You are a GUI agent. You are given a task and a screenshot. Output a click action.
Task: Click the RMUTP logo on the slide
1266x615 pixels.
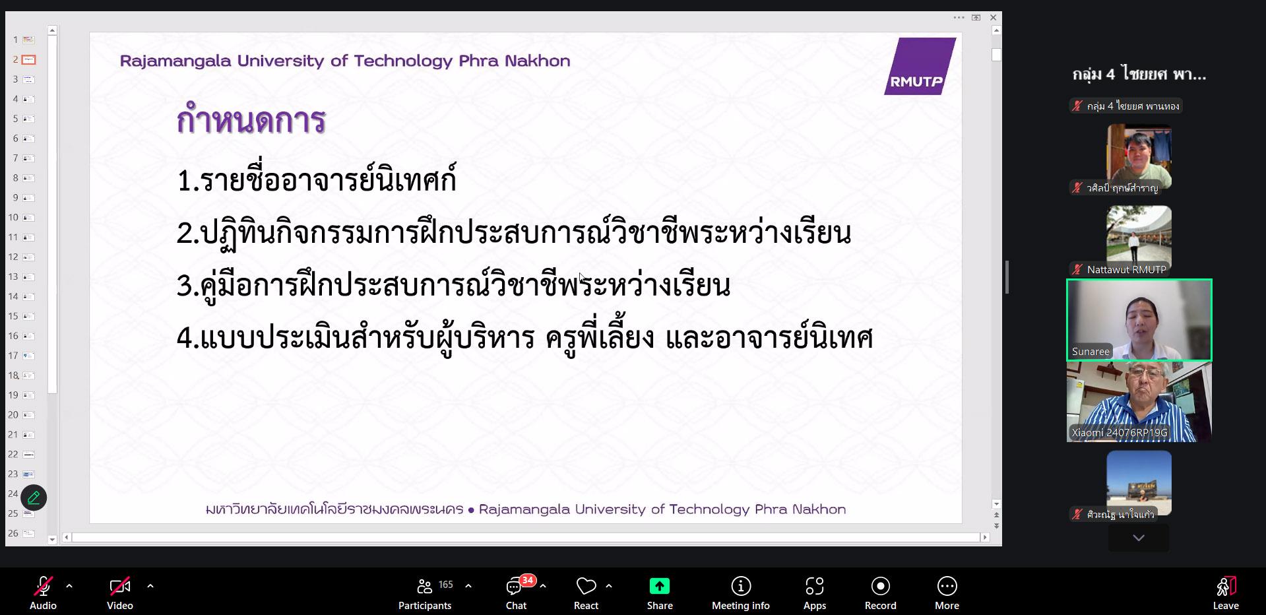(x=920, y=66)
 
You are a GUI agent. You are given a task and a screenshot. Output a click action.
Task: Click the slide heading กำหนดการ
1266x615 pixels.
(x=251, y=120)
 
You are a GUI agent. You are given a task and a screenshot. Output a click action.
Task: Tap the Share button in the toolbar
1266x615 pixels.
(x=660, y=594)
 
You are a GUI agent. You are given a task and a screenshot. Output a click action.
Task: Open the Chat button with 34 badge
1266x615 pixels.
(x=517, y=594)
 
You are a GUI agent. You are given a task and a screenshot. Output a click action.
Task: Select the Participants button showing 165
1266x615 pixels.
(x=426, y=594)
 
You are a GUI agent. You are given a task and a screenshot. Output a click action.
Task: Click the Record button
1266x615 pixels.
(x=881, y=594)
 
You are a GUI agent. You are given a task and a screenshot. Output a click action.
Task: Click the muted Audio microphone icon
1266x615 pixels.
(x=44, y=586)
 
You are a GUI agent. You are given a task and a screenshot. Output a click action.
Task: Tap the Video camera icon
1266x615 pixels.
(x=120, y=586)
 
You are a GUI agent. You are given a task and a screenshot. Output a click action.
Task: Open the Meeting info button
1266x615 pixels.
(x=741, y=594)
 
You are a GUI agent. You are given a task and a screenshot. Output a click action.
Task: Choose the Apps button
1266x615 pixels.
(x=815, y=594)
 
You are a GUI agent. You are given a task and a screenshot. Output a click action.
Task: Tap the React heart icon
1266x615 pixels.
(x=586, y=586)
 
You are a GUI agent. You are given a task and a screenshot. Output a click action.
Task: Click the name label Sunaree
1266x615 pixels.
(x=1091, y=352)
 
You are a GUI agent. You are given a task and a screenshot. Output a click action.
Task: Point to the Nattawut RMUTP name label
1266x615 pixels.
(x=1126, y=269)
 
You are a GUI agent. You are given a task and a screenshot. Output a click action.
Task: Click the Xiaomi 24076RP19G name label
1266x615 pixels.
(x=1120, y=433)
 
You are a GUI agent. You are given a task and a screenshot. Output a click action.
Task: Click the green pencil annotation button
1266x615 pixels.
(x=34, y=498)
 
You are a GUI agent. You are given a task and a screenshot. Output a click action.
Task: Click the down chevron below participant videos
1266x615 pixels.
(x=1139, y=538)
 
